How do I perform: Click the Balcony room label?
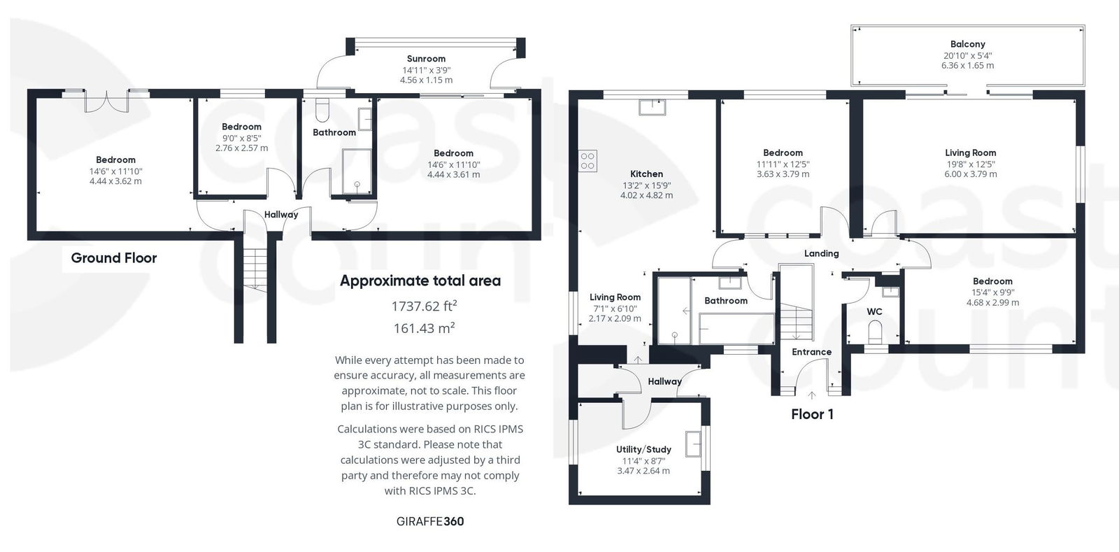(967, 43)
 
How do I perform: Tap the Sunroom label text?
(426, 59)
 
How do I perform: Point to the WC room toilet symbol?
(875, 329)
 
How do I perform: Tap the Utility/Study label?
(643, 449)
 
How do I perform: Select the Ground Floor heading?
(114, 257)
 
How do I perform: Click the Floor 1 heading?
(812, 414)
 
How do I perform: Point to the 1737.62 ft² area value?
(424, 306)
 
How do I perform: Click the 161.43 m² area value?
(424, 327)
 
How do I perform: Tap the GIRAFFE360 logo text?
(430, 521)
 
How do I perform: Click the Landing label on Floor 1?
(821, 253)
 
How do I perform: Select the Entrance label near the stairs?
(811, 352)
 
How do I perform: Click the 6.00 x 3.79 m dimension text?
(970, 174)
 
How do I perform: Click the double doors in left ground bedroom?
(107, 101)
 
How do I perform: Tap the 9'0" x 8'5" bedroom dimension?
(241, 138)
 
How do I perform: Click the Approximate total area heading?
(420, 281)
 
